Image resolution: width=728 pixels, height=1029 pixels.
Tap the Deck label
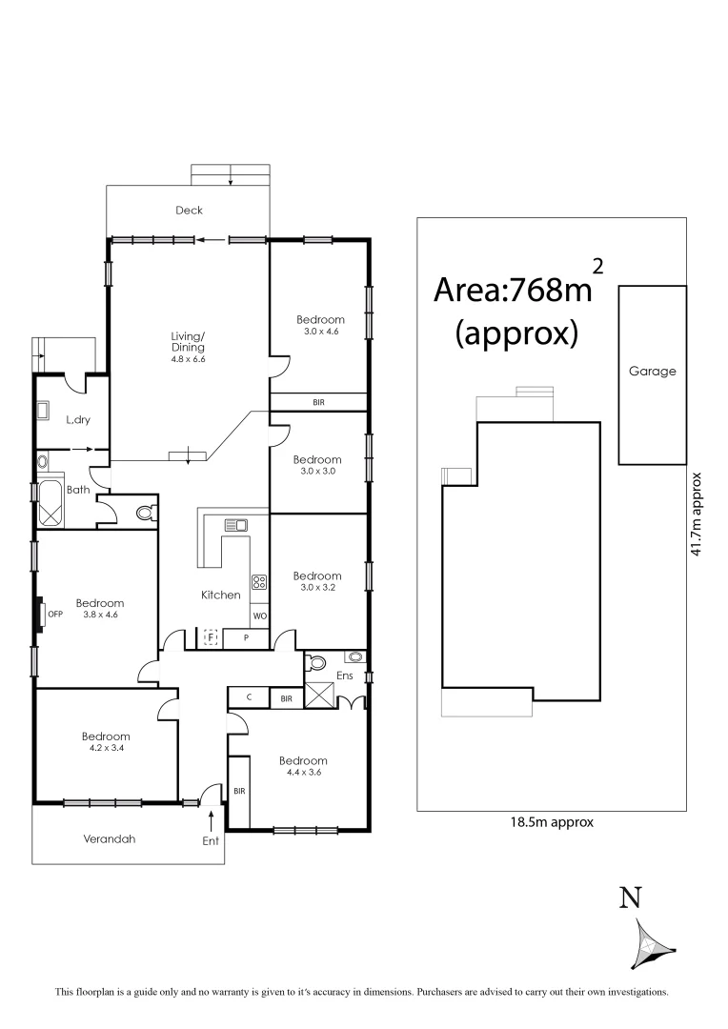pos(189,211)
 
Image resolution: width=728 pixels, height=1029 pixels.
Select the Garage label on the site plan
pos(652,372)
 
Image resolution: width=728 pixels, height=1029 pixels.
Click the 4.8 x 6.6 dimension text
pos(188,359)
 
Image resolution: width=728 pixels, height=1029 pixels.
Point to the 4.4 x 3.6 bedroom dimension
pos(303,775)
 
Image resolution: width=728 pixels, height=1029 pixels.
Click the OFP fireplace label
pos(54,614)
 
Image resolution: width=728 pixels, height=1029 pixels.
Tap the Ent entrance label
pos(211,840)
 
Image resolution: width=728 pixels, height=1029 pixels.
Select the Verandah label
pos(110,839)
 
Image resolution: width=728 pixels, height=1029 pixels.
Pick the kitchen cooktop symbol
pos(259,582)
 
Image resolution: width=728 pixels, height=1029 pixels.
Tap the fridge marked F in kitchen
pos(211,638)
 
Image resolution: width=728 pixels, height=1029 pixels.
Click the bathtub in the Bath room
pos(51,503)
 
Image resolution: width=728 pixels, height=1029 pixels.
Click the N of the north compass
pos(630,898)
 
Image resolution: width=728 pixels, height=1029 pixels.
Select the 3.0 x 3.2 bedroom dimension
pos(317,590)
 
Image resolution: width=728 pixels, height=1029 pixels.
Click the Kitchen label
pos(220,595)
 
